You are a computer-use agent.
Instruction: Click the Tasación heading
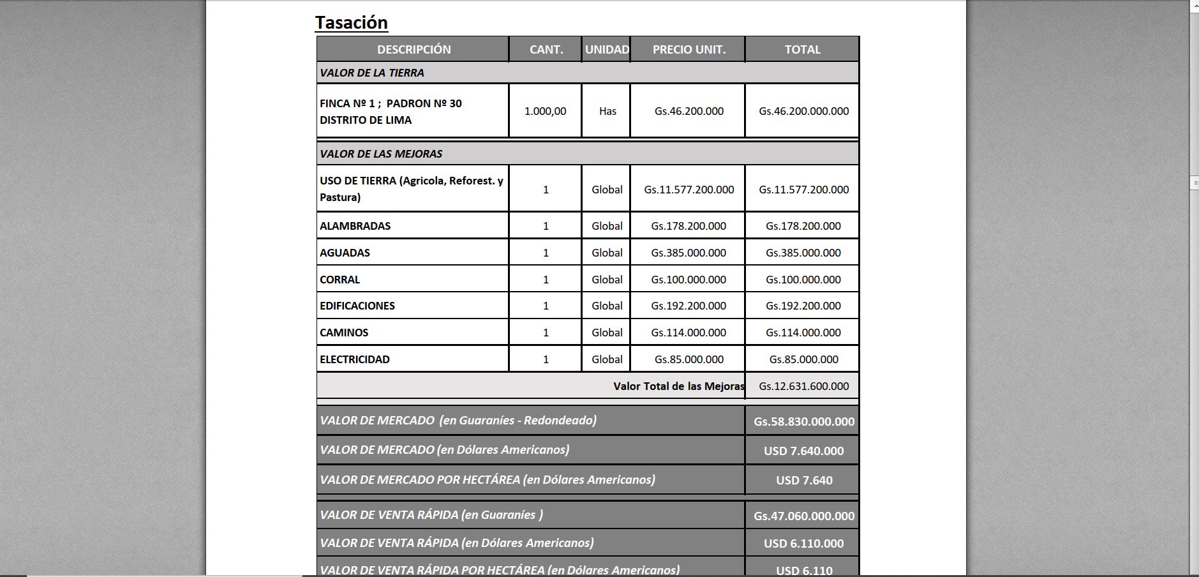[x=352, y=23]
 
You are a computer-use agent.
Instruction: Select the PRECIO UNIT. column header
[x=689, y=50]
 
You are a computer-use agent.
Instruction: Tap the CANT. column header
[x=546, y=50]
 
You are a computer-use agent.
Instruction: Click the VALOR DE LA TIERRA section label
[x=372, y=73]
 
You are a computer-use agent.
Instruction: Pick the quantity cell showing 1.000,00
[x=545, y=111]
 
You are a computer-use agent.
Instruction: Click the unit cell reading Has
[x=607, y=111]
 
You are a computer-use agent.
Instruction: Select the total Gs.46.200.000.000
[x=803, y=111]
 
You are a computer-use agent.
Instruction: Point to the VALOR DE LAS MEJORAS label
[x=381, y=154]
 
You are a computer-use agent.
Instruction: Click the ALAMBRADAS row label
[x=355, y=226]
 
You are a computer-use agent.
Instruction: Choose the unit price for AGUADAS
[x=689, y=253]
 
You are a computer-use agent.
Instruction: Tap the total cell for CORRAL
[x=803, y=280]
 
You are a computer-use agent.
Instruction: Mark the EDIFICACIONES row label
[x=357, y=306]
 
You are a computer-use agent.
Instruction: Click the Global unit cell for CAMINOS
[x=607, y=333]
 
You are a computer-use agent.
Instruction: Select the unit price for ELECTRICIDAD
[x=689, y=359]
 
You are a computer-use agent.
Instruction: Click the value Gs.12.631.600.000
[x=803, y=386]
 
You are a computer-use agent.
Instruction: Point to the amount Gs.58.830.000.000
[x=804, y=421]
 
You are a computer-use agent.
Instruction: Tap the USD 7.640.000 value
[x=803, y=451]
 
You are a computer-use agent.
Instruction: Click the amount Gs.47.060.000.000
[x=804, y=516]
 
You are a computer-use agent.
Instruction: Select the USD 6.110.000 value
[x=803, y=543]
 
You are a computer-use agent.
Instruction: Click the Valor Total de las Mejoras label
[x=678, y=386]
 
